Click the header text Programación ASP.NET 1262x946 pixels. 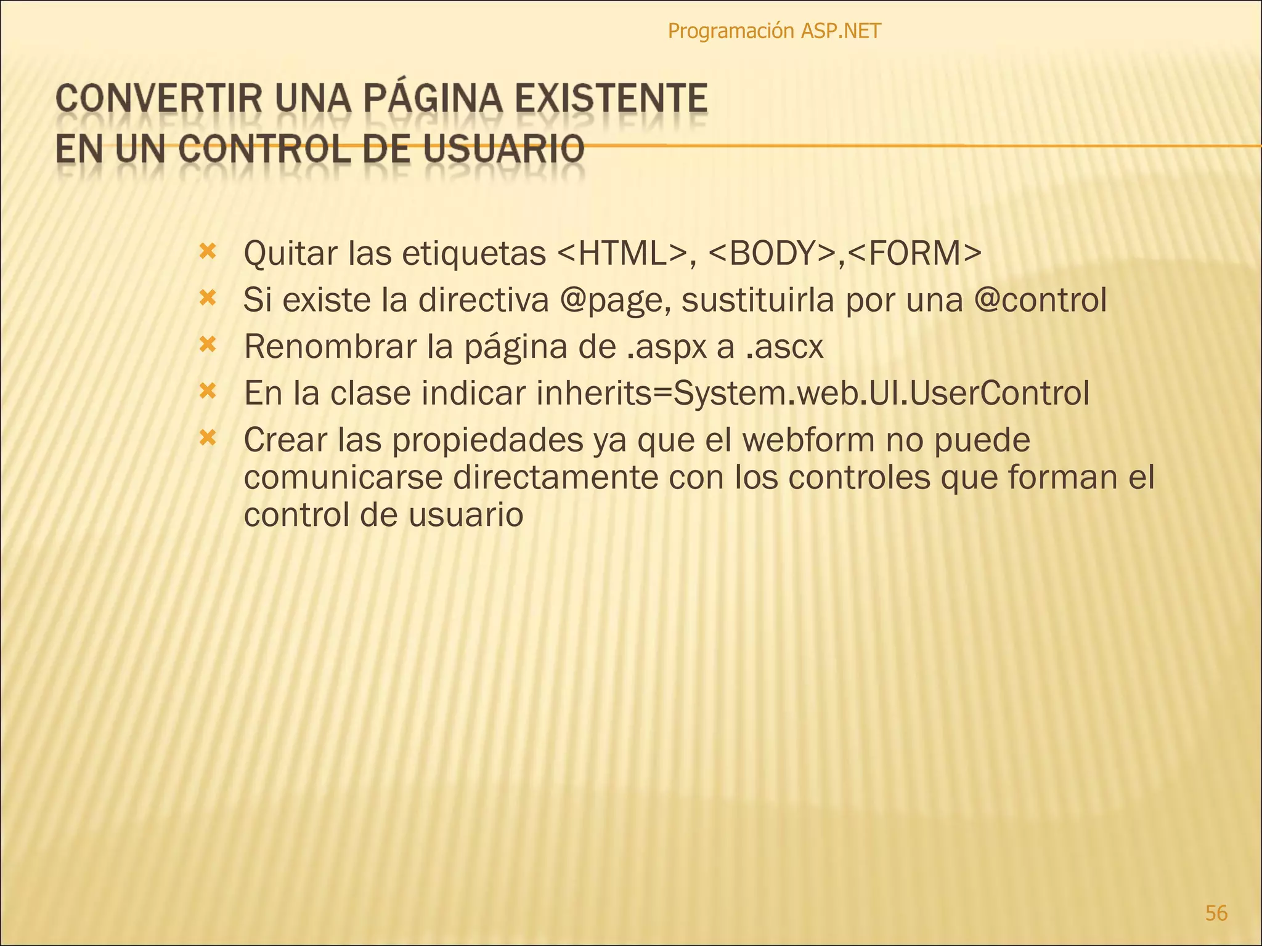point(774,31)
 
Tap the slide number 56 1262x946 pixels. point(1216,913)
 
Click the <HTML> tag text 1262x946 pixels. point(622,253)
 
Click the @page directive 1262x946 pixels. point(616,301)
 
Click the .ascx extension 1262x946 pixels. point(784,347)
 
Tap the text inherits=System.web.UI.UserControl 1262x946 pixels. point(813,393)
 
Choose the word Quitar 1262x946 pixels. point(290,253)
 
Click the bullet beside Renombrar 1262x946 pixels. point(208,345)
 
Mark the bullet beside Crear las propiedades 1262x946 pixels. point(208,438)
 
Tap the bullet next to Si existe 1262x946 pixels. point(208,299)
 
